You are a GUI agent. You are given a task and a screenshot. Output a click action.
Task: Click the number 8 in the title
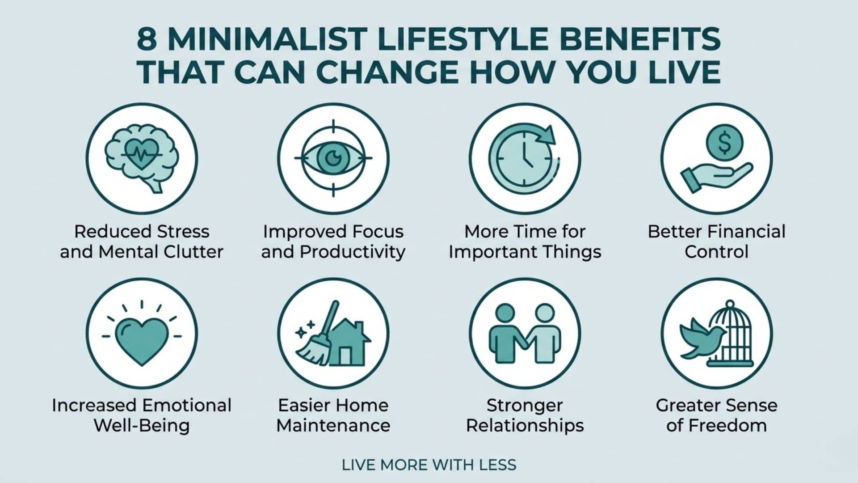coord(147,40)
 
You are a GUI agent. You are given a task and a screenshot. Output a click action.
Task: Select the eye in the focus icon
coord(333,157)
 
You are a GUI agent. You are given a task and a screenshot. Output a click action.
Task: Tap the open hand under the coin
coord(715,176)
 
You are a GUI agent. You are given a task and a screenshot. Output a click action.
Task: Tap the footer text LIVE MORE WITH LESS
coord(429,465)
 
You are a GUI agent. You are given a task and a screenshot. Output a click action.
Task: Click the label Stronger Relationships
coord(525,415)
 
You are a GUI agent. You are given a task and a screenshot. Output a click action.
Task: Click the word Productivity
coord(353,252)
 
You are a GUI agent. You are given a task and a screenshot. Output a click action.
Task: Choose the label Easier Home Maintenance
coord(333,415)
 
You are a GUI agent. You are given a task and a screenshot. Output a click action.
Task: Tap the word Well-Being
coord(142,425)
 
